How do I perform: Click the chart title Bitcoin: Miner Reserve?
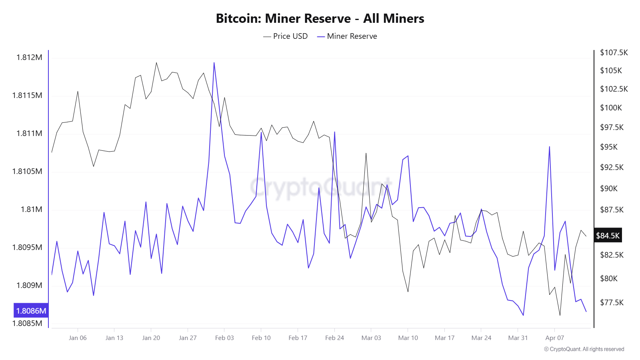[320, 18]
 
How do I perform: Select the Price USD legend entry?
[286, 36]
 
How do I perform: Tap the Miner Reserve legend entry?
[347, 36]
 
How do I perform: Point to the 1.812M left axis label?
[29, 57]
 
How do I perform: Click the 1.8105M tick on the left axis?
[27, 171]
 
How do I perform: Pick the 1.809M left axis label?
[29, 285]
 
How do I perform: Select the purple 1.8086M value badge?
[31, 311]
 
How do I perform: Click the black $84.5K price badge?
[608, 236]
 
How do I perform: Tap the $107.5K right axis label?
[614, 52]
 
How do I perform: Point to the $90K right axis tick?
[609, 188]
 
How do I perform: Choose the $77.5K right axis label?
[612, 302]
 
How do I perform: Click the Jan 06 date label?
[78, 338]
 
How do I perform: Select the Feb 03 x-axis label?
[224, 338]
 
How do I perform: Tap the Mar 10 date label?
[408, 338]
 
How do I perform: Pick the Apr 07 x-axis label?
[554, 338]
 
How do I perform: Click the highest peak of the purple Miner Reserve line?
[214, 63]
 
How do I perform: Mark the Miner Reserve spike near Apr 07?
[550, 147]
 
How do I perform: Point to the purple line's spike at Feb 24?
[334, 132]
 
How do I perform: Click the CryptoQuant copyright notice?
[584, 349]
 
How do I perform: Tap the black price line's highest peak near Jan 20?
[156, 62]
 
